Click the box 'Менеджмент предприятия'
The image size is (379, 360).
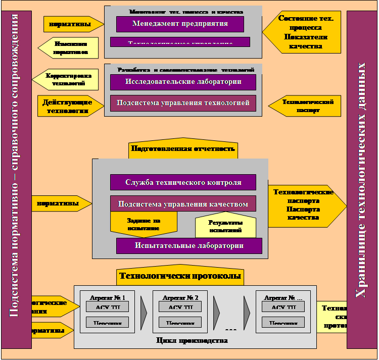180,24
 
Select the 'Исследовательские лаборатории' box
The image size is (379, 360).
183,82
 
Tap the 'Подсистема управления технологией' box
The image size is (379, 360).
183,103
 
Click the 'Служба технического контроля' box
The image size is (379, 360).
183,182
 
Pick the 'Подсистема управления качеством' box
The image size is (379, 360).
183,204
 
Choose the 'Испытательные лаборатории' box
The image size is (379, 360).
189,246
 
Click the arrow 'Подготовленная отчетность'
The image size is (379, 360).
183,149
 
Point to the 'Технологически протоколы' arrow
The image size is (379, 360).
180,276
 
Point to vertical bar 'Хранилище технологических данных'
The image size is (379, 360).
362,180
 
